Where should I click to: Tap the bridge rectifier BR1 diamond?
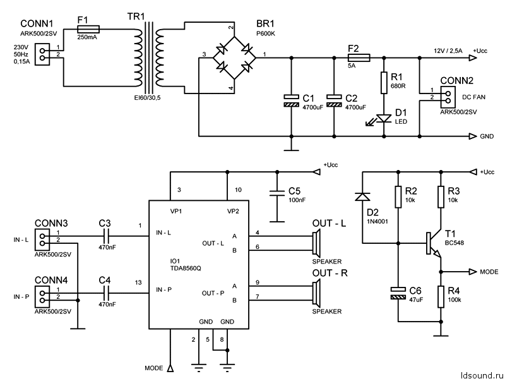[x=231, y=57]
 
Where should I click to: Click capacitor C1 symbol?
[x=291, y=99]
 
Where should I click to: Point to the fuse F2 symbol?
[x=359, y=57]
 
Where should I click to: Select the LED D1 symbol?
[x=383, y=118]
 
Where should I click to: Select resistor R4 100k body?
[x=441, y=297]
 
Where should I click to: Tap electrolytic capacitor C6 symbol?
[x=398, y=294]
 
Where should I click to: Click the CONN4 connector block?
[x=42, y=293]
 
